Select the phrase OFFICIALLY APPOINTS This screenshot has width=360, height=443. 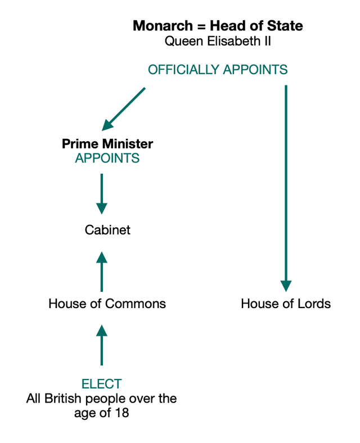pyautogui.click(x=218, y=70)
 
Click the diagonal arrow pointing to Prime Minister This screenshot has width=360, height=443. pyautogui.click(x=124, y=109)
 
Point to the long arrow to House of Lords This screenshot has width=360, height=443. pyautogui.click(x=286, y=186)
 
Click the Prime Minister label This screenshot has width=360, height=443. pyautogui.click(x=107, y=143)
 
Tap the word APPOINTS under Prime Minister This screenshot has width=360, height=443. pyautogui.click(x=107, y=158)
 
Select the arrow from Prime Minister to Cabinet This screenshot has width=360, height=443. pyautogui.click(x=102, y=193)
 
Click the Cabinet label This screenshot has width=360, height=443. pyautogui.click(x=107, y=230)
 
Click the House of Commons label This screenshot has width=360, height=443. pyautogui.click(x=107, y=304)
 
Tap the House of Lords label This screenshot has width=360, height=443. pyautogui.click(x=286, y=304)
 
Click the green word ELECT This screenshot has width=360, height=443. pyautogui.click(x=102, y=384)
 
